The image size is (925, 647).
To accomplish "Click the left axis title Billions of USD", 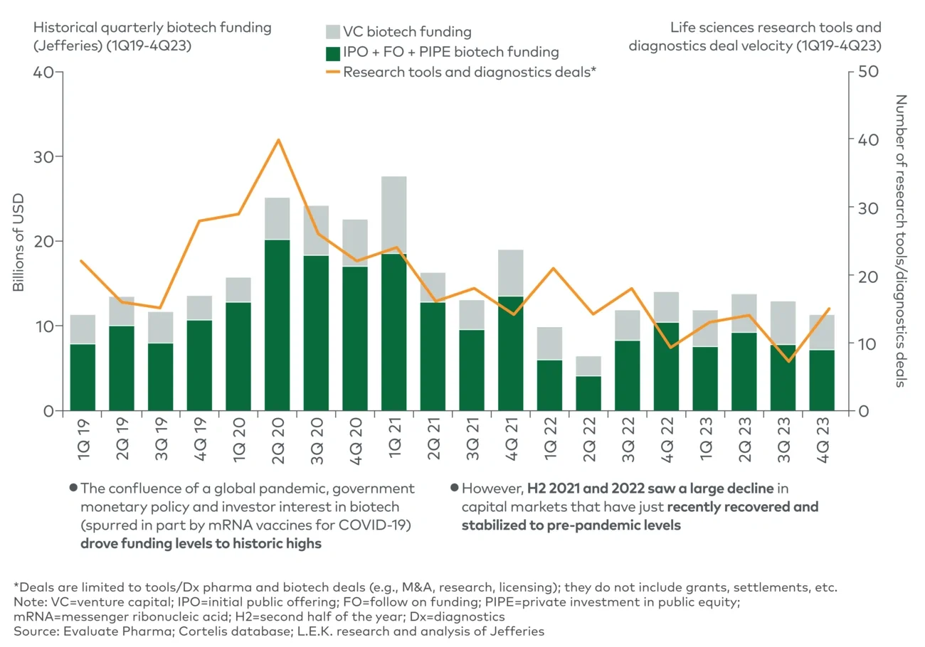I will (x=19, y=242).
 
